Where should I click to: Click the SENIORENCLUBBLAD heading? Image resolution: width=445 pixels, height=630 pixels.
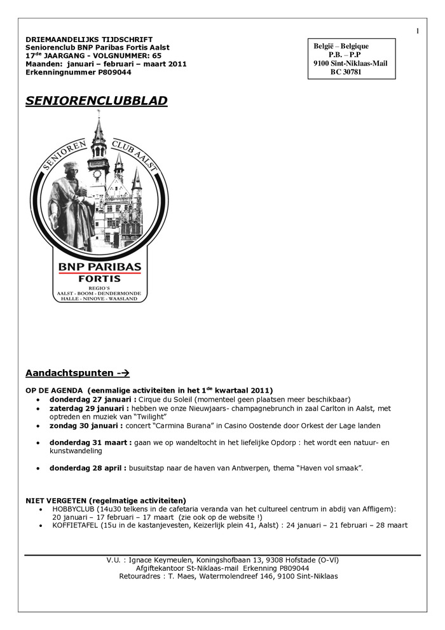coord(97,101)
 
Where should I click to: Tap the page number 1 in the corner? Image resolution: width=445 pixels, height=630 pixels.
coord(418,31)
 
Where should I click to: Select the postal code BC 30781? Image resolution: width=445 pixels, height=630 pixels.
coord(346,72)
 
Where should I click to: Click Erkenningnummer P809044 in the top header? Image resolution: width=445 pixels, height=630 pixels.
coord(78,73)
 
